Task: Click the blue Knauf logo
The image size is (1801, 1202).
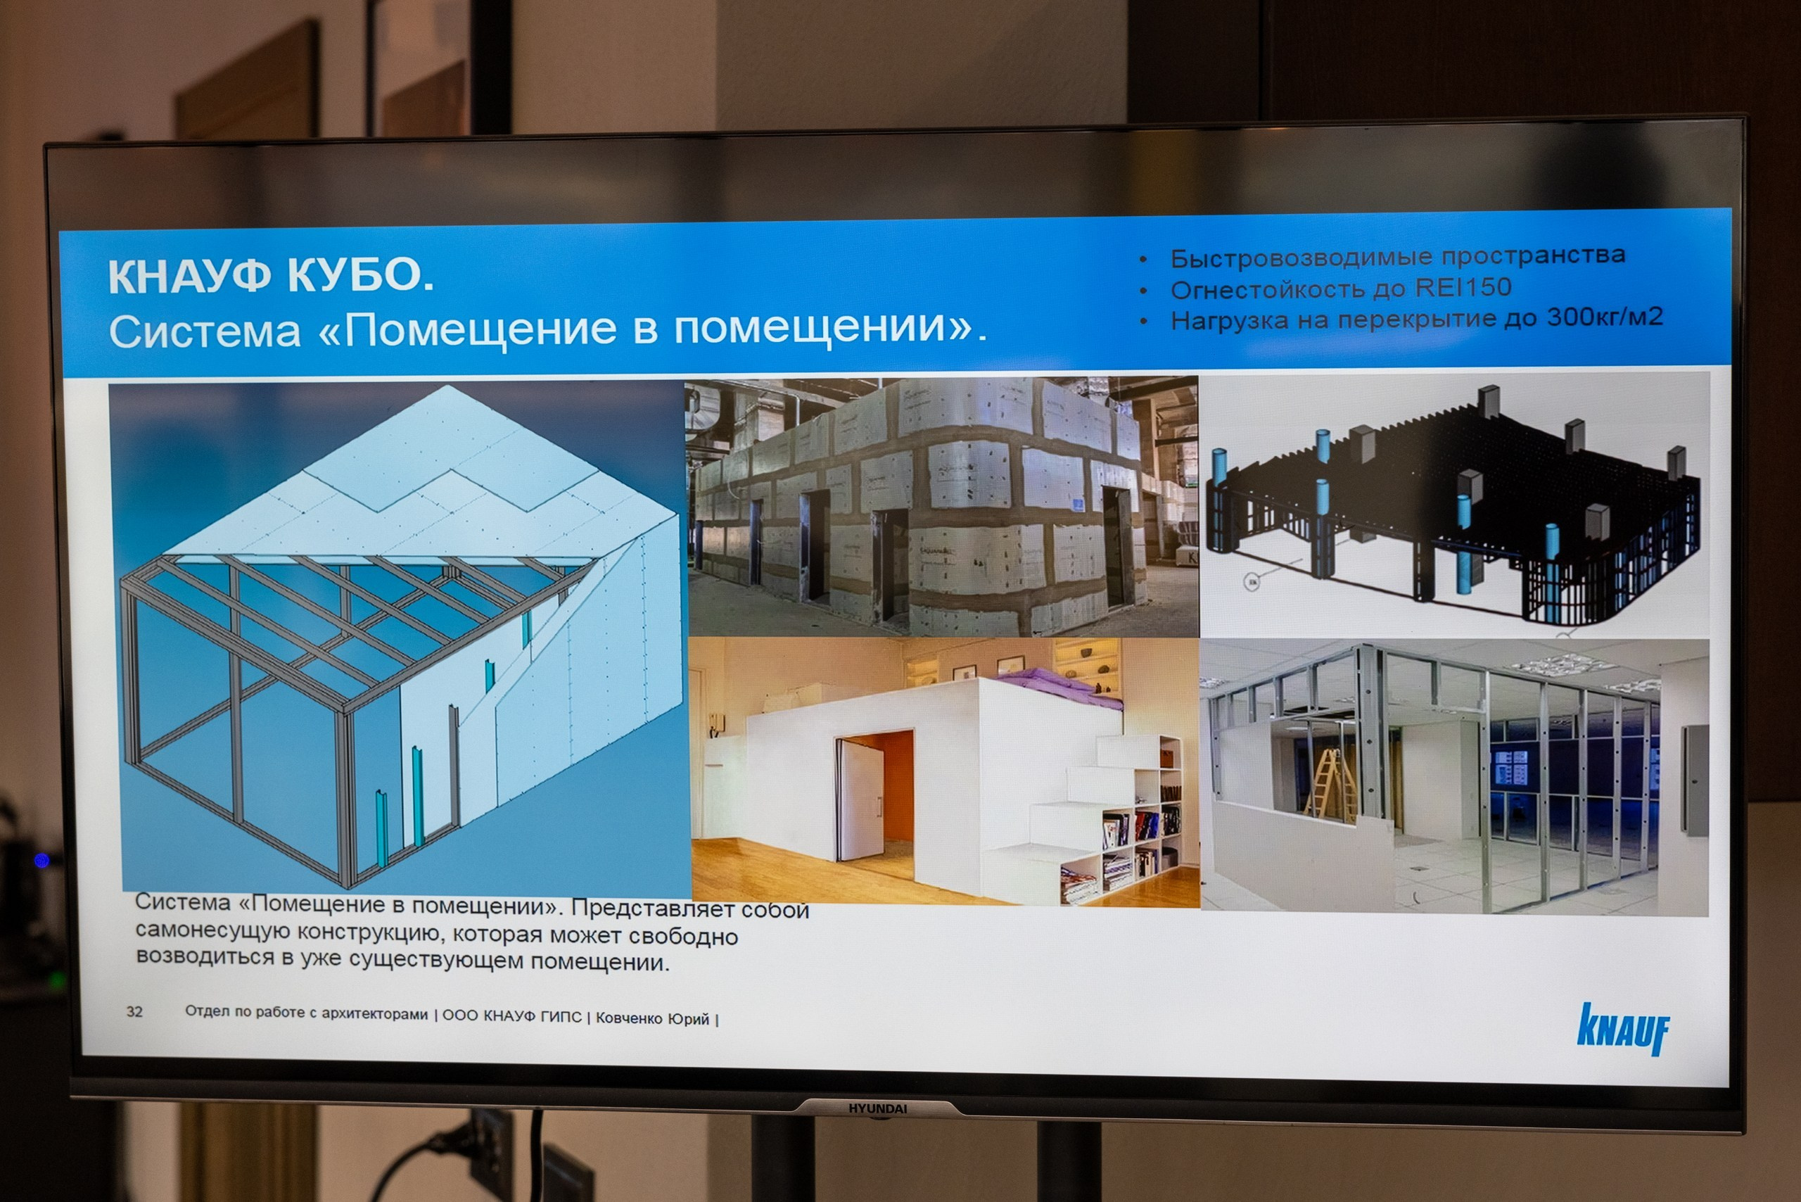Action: click(1623, 1030)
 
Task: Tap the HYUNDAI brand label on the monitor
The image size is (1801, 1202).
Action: click(877, 1108)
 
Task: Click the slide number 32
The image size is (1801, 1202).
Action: click(134, 1011)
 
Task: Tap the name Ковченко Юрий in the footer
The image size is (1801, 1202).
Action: click(652, 1018)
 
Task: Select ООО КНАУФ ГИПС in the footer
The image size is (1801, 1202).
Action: click(512, 1016)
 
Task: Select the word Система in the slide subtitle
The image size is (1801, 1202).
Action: click(205, 332)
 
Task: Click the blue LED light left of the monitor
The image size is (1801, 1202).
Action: click(42, 860)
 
